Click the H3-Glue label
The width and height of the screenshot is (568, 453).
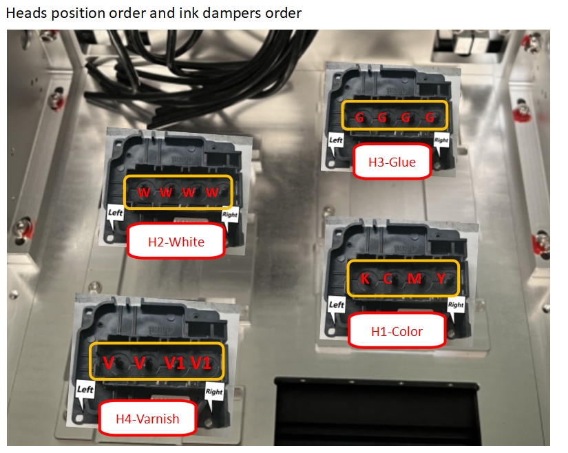(392, 162)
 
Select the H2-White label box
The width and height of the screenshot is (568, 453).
(176, 242)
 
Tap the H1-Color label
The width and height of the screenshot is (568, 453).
(397, 331)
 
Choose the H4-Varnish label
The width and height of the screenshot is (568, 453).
(147, 419)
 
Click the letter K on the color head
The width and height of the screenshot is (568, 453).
(365, 278)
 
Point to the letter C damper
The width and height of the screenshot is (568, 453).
(388, 278)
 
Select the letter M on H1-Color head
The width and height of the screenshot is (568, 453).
(414, 278)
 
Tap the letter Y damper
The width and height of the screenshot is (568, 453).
(441, 278)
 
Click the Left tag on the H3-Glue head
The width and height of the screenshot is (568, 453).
(335, 140)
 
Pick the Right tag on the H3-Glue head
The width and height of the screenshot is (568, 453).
(441, 140)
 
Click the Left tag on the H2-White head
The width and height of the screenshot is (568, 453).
(115, 213)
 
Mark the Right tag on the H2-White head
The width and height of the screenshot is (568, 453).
(230, 215)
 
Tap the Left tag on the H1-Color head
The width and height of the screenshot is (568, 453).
(336, 304)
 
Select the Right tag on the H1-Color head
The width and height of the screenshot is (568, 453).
(456, 305)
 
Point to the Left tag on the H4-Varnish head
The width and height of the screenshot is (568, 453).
(85, 389)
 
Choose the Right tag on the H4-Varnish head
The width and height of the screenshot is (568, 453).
(213, 392)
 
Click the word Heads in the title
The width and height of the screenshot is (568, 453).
(26, 13)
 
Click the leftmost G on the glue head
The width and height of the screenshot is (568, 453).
(359, 117)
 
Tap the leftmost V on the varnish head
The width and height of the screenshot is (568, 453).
(108, 363)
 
